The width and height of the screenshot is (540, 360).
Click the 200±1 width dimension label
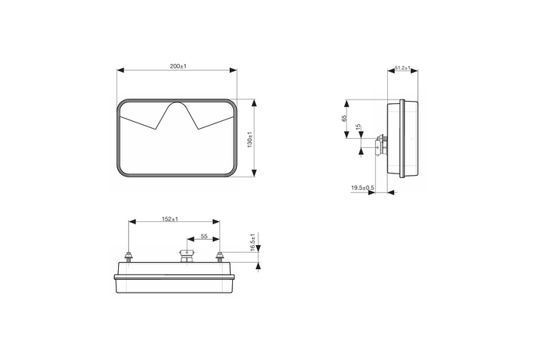pos(178,66)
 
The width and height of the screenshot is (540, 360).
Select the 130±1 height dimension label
pos(251,140)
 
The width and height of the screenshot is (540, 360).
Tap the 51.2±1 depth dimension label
pos(403,68)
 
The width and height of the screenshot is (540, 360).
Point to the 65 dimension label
pos(344,118)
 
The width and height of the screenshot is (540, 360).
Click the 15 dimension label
pos(359,127)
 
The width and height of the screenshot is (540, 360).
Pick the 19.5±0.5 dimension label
pos(363,188)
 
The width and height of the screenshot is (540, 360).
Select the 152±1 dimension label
pos(170,219)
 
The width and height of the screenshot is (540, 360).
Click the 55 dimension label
pos(204,237)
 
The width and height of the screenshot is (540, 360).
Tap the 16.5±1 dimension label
pos(253,242)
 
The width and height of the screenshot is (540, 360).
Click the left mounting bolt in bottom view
pos(130,257)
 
